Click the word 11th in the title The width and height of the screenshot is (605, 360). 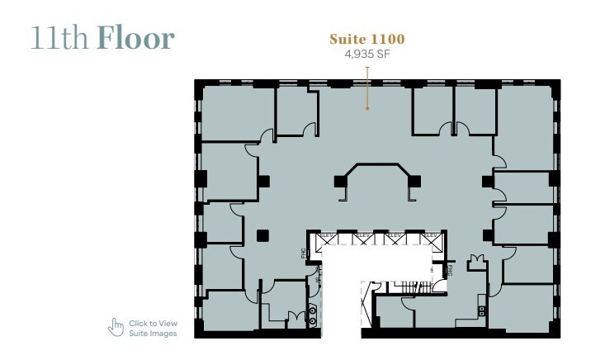coord(60,38)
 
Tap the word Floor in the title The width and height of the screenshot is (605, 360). coord(135,38)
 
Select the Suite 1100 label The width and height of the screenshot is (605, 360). coord(366,39)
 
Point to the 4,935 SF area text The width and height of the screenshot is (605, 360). coord(366,54)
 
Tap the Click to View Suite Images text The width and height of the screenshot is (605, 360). coord(153,328)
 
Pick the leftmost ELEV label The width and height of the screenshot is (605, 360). coord(327,235)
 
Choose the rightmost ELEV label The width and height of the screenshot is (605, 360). coord(430,235)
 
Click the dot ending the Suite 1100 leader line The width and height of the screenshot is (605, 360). coord(367,107)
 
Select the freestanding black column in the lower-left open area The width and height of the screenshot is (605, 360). coord(262,235)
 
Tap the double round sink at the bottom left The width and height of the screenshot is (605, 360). coord(312,315)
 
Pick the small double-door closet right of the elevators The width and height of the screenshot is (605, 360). coord(475,263)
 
